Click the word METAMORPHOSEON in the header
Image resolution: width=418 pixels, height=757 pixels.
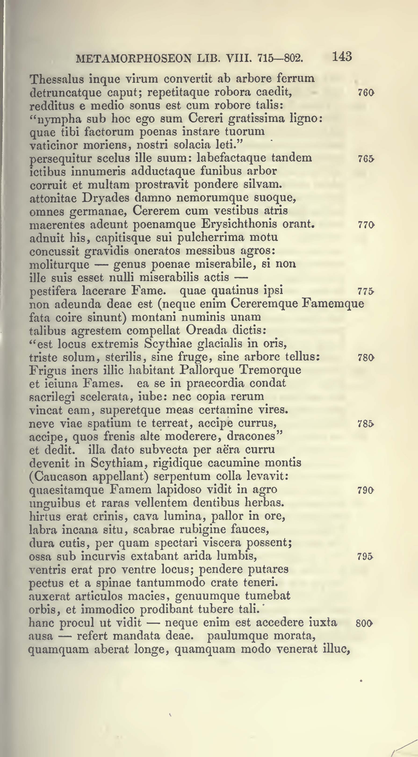[x=134, y=58]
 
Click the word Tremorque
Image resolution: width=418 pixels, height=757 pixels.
[x=270, y=370]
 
